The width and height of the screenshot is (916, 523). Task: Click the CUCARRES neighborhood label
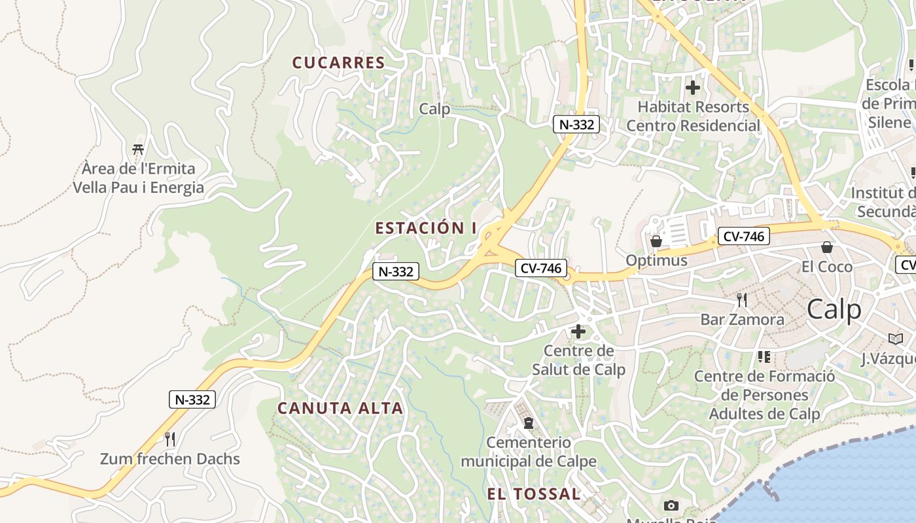tap(338, 63)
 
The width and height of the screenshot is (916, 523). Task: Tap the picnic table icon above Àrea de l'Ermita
tap(138, 150)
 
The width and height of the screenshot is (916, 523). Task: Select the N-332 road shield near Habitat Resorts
tap(576, 124)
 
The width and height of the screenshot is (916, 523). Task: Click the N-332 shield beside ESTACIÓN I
tap(395, 271)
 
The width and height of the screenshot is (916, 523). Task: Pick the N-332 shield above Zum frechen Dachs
tap(192, 399)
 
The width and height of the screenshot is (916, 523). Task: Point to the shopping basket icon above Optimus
tap(656, 241)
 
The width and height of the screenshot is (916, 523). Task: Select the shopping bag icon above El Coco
tap(827, 247)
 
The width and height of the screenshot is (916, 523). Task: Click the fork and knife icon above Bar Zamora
tap(742, 300)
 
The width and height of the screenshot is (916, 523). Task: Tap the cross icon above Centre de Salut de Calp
tap(578, 331)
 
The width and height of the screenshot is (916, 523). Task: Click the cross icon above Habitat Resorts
tap(693, 87)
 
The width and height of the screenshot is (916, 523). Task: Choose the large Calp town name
tap(834, 309)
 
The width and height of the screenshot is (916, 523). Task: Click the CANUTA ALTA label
tap(340, 409)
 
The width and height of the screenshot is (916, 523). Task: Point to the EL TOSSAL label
tap(533, 494)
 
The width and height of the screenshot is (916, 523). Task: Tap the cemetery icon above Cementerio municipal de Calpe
tap(529, 423)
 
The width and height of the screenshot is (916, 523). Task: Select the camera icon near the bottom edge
tap(671, 505)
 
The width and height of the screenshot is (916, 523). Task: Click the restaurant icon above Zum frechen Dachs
tap(169, 439)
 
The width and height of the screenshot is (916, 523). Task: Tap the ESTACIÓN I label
tap(426, 228)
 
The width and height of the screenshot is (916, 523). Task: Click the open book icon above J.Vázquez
tap(895, 339)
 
